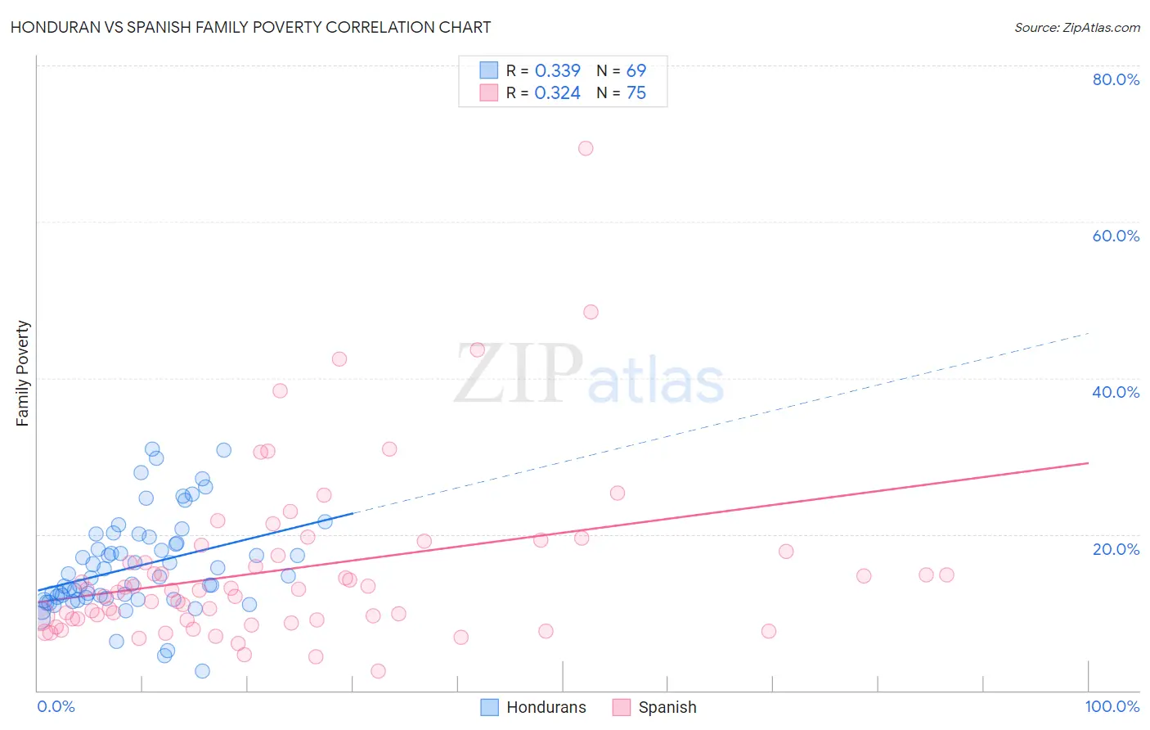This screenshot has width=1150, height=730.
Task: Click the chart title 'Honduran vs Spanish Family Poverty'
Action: (250, 27)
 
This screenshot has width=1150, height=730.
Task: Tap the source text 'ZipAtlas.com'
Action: (1076, 27)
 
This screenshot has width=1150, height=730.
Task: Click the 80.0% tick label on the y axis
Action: (1116, 79)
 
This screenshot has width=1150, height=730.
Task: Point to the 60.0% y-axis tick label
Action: (1116, 236)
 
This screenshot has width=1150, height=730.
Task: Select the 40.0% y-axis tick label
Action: (1116, 392)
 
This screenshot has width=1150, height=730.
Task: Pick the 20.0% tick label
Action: (1116, 549)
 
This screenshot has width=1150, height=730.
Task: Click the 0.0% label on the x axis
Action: (56, 706)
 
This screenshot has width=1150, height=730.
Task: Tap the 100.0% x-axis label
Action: (1112, 706)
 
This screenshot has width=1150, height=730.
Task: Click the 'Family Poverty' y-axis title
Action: (23, 373)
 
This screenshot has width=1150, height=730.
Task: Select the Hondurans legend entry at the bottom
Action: (533, 707)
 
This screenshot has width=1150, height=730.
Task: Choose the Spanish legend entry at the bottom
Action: (655, 707)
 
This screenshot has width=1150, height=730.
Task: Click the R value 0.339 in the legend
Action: (557, 71)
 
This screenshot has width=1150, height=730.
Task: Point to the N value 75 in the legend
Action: (636, 93)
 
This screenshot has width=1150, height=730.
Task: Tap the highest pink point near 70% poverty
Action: (586, 148)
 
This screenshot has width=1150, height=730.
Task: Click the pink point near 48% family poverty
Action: (591, 312)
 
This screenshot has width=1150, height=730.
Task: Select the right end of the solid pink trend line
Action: (1088, 463)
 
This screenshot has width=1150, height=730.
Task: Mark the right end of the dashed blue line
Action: (1088, 333)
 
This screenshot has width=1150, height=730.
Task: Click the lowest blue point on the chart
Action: (202, 671)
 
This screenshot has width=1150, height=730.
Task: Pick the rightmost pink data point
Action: (946, 575)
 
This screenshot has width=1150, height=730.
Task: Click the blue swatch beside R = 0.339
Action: (489, 71)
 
